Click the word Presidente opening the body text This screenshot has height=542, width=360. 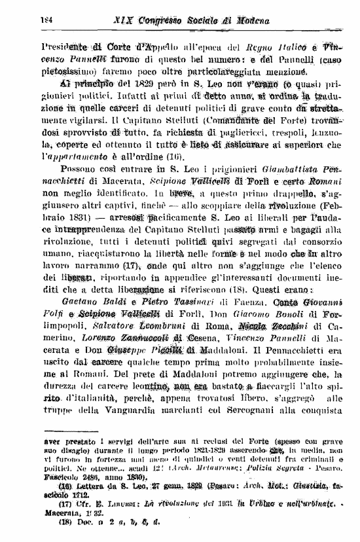coord(67,48)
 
